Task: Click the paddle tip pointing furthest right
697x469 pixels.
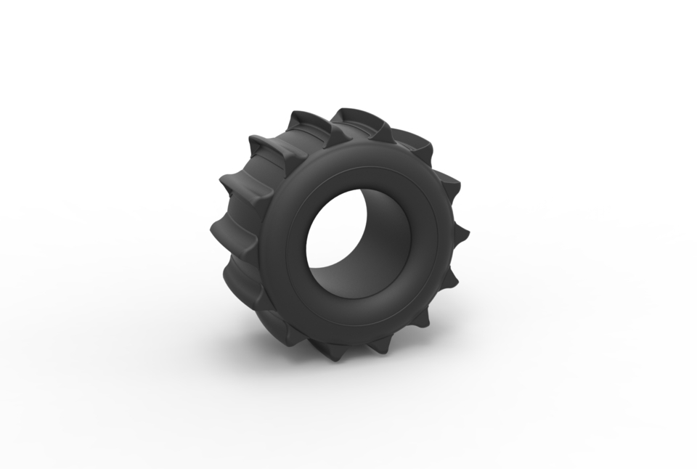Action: [x=464, y=234]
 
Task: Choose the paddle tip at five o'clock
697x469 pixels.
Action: [x=420, y=327]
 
